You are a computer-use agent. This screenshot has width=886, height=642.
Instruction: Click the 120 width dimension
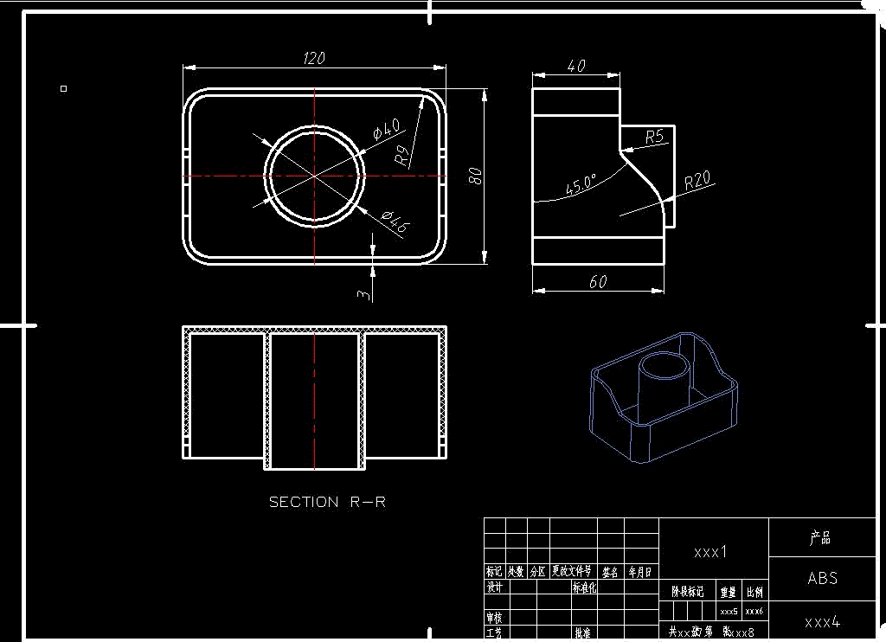click(314, 59)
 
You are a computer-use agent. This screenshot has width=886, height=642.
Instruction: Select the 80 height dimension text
click(474, 176)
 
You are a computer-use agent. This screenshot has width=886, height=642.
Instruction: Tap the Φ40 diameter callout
click(386, 130)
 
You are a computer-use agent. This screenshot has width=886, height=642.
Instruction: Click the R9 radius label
click(402, 156)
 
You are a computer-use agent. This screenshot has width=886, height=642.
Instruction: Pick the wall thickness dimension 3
click(364, 294)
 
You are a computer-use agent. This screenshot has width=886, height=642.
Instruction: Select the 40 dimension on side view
click(576, 67)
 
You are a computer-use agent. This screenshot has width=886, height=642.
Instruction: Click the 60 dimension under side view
click(598, 282)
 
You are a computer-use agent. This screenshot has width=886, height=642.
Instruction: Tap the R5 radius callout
click(654, 137)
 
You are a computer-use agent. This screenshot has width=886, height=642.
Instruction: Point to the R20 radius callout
click(697, 181)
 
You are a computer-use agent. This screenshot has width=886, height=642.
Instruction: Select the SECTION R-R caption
click(327, 502)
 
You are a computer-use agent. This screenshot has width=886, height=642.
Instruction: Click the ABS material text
click(822, 578)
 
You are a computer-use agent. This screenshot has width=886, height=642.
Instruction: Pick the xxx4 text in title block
click(822, 621)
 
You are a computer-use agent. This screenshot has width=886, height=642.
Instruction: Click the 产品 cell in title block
click(820, 538)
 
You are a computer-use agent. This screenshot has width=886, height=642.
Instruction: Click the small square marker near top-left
click(63, 88)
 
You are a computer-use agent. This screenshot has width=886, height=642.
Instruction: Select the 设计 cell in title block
click(494, 587)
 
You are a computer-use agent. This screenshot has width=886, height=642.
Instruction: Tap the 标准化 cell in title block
click(584, 587)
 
